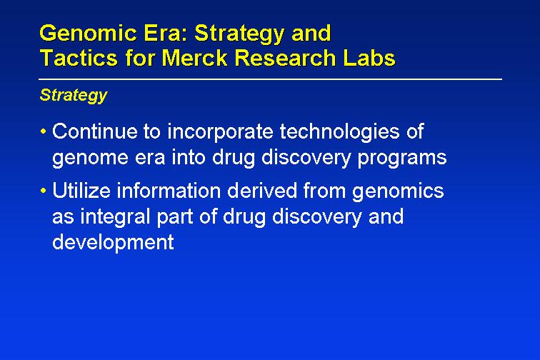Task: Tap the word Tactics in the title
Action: pyautogui.click(x=79, y=57)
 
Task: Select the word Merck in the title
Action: pyautogui.click(x=194, y=57)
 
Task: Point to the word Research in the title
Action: pyautogui.click(x=285, y=57)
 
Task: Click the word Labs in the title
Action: pyautogui.click(x=369, y=57)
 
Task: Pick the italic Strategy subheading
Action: pyautogui.click(x=74, y=95)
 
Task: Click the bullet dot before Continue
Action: pyautogui.click(x=43, y=131)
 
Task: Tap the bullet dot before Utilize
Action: pyautogui.click(x=43, y=191)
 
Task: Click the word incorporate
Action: pyautogui.click(x=220, y=132)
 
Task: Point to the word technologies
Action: pyautogui.click(x=339, y=132)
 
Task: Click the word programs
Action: pyautogui.click(x=402, y=159)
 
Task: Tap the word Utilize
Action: pyautogui.click(x=81, y=191)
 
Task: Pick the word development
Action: pyautogui.click(x=113, y=243)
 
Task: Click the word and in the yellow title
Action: pyautogui.click(x=311, y=34)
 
